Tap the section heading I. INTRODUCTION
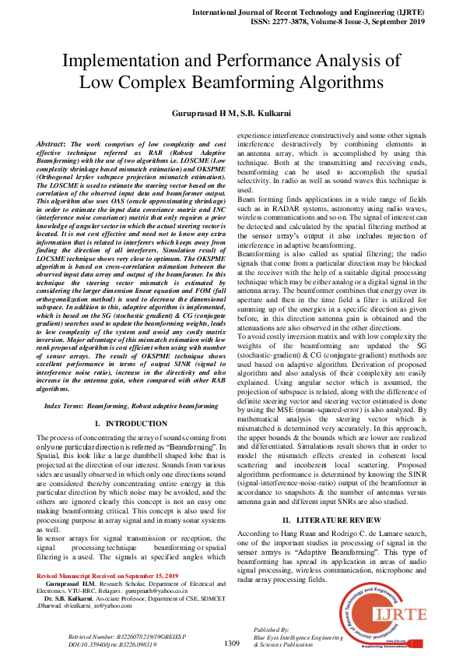131,423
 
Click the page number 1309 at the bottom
231,643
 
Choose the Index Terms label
64,407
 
